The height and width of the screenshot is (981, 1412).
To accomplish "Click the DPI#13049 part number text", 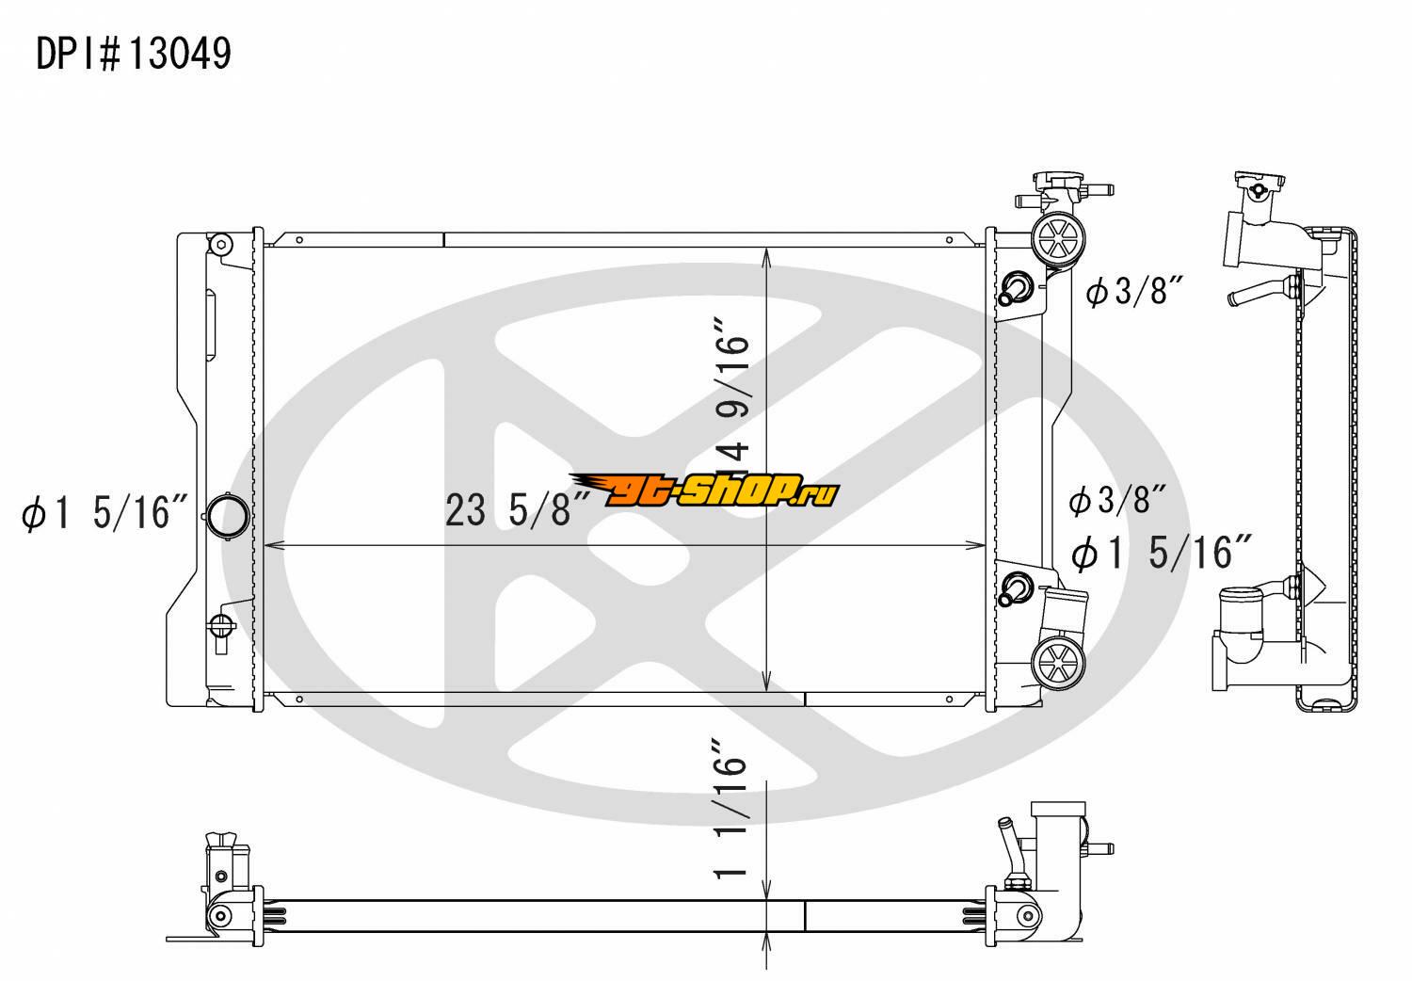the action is point(134,54).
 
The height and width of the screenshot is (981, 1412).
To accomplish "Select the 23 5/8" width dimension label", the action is point(517,509).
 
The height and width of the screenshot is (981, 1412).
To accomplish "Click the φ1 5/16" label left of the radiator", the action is point(104,511).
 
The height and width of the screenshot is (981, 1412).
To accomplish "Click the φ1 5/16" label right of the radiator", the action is point(1161,553).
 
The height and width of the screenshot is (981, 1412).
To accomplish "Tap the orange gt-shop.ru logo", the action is point(704,490).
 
